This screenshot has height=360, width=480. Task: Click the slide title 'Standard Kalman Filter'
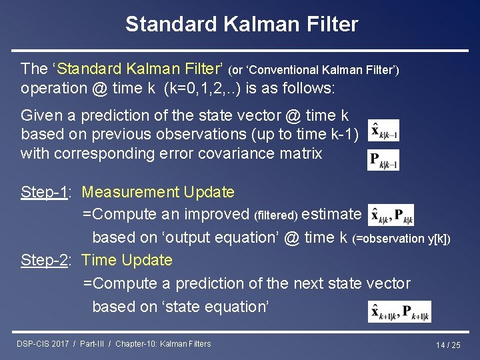pos(241,25)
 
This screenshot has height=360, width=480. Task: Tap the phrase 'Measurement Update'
pos(158,193)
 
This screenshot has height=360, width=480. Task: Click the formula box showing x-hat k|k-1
pos(383,131)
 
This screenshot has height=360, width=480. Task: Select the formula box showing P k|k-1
pos(383,160)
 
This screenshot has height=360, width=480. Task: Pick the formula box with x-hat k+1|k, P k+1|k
pos(399,311)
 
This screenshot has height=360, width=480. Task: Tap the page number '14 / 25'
pos(448,345)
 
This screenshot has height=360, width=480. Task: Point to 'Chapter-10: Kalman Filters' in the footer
pos(163,344)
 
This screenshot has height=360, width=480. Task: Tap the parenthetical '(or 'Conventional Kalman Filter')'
pos(313,69)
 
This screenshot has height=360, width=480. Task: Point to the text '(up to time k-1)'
pos(305,135)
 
